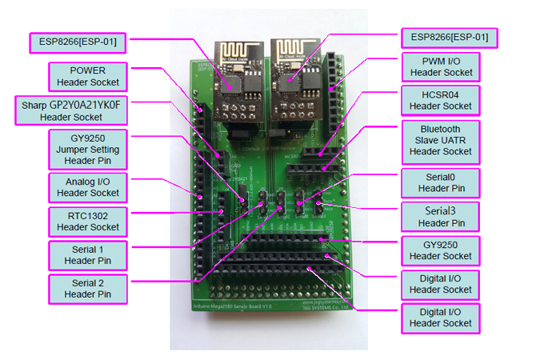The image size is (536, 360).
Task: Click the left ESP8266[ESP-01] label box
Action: coord(78,42)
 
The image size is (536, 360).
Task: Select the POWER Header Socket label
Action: coord(88,76)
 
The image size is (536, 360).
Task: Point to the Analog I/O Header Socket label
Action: coord(88,186)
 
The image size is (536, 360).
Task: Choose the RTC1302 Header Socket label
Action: coord(88,221)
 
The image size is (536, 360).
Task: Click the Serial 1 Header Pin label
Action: coord(89,255)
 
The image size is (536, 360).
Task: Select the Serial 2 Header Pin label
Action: coord(89,290)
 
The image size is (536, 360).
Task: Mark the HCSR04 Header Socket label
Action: coord(441,100)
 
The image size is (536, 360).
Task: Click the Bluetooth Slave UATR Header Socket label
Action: coord(441,140)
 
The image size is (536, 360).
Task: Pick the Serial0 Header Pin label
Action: coord(441,183)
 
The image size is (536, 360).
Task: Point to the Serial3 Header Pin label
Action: coord(441,217)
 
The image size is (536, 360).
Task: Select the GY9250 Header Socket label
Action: coord(441,250)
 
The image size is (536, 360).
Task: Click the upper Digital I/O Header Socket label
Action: coord(441,284)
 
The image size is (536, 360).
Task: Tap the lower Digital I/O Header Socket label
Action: coord(441,317)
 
